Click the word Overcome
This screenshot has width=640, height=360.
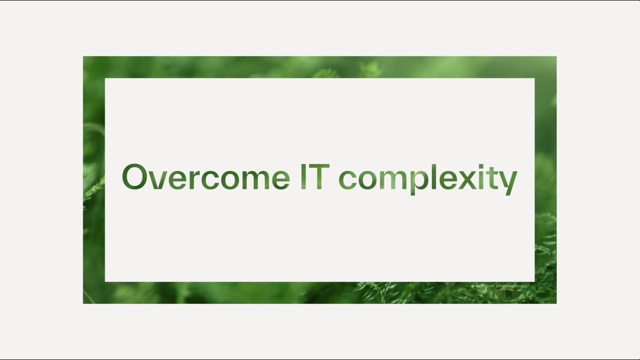point(205,177)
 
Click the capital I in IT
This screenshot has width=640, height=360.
point(303,177)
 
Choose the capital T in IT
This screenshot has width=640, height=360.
point(319,177)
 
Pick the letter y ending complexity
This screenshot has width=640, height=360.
point(507,182)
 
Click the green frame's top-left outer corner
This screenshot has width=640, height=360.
point(83,56)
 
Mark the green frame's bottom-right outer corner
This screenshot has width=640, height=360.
point(556,303)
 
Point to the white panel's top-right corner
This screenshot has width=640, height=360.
point(534,78)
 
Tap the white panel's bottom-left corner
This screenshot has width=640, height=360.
point(105,281)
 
